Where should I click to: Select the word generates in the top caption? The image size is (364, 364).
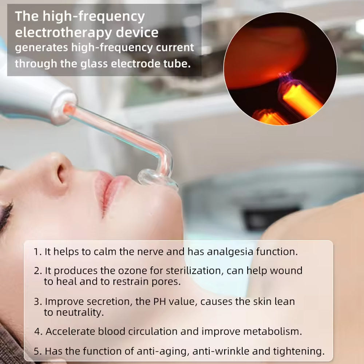[41, 48]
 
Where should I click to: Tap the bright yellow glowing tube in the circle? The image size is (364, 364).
[302, 100]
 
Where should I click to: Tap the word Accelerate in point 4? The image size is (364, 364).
[70, 331]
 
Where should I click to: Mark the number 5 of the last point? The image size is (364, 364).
[37, 351]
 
